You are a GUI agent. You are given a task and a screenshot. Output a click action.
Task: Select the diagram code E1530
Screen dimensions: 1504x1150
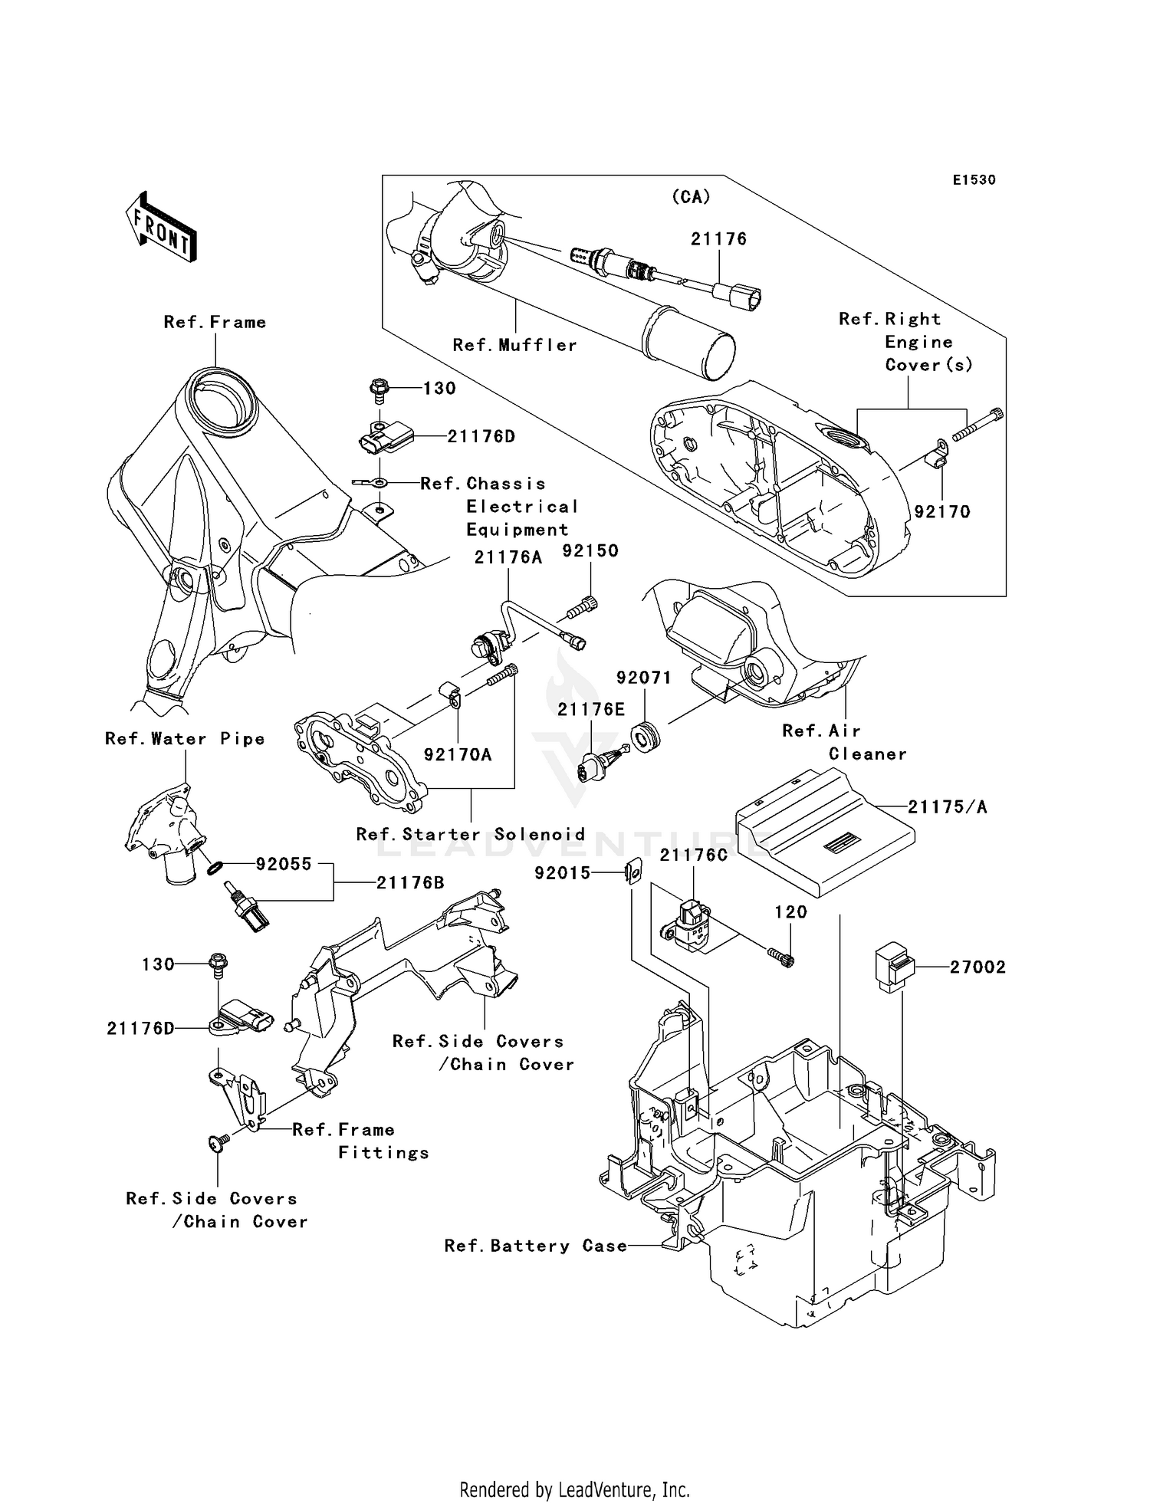pyautogui.click(x=974, y=180)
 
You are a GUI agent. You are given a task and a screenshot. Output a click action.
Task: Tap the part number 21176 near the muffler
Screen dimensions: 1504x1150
pyautogui.click(x=718, y=239)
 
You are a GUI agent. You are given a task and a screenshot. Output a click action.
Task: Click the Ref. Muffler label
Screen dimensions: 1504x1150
pyautogui.click(x=514, y=345)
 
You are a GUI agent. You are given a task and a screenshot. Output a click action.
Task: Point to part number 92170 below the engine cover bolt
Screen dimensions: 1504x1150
pyautogui.click(x=942, y=512)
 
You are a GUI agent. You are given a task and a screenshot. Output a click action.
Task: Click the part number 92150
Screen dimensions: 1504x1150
pyautogui.click(x=590, y=551)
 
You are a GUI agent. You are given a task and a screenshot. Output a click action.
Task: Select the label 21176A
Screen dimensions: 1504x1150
pyautogui.click(x=508, y=558)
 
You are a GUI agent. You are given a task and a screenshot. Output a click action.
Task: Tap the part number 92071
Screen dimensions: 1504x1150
pyautogui.click(x=644, y=678)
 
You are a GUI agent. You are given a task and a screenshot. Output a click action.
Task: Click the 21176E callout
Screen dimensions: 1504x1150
pyautogui.click(x=591, y=710)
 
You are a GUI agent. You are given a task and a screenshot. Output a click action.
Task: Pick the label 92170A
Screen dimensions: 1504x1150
pyautogui.click(x=458, y=755)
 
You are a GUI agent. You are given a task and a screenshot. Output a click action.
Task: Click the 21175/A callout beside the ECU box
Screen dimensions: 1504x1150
pyautogui.click(x=948, y=807)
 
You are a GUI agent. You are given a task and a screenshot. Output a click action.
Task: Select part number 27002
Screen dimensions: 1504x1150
pyautogui.click(x=978, y=967)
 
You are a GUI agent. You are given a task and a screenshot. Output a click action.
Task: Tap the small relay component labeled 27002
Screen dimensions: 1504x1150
pyautogui.click(x=893, y=968)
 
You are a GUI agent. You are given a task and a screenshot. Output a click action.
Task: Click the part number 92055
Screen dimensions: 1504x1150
pyautogui.click(x=284, y=864)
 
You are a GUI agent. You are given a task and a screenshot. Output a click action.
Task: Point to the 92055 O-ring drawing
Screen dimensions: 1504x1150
pyautogui.click(x=216, y=867)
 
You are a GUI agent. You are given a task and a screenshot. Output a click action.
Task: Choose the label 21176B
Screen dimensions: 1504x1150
pyautogui.click(x=410, y=883)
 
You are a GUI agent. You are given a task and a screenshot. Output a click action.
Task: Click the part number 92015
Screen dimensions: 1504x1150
pyautogui.click(x=563, y=872)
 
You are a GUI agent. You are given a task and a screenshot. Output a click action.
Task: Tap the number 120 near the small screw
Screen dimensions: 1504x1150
pyautogui.click(x=790, y=912)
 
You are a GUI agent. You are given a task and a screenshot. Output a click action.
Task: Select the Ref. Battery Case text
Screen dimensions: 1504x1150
pyautogui.click(x=535, y=1246)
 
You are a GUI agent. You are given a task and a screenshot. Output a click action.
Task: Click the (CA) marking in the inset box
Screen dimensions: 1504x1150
pyautogui.click(x=691, y=197)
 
